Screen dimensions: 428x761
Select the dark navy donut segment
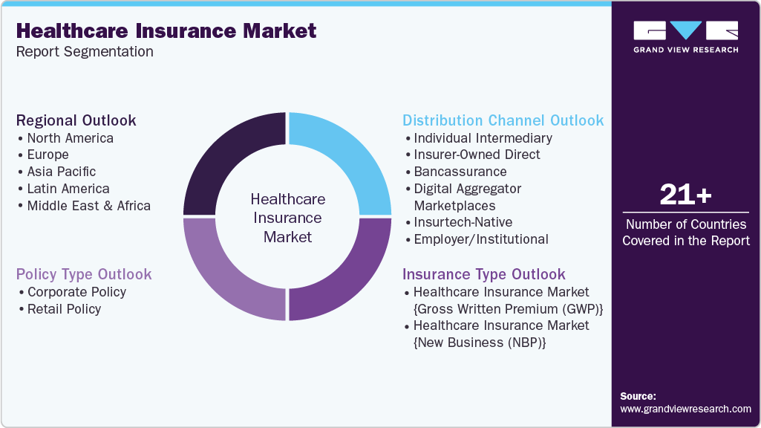coord(231,160)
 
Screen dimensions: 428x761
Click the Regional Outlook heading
coord(76,120)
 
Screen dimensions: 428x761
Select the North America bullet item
coord(70,138)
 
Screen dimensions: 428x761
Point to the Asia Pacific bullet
coord(61,172)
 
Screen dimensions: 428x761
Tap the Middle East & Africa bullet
coord(88,206)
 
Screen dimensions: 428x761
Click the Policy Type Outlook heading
coord(84,274)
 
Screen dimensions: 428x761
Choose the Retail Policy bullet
coord(64,309)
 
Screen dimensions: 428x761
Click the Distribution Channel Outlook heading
coord(503,120)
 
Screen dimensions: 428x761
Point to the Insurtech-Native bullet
coord(463,222)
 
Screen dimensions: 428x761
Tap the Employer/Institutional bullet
coord(480,239)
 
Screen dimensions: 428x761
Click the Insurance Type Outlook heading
coord(483,274)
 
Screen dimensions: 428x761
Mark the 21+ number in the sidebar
coord(685,195)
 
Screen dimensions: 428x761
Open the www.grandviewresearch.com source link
coord(685,409)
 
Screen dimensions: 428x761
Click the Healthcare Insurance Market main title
coord(166,31)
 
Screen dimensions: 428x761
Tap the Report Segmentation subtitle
coord(85,52)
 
